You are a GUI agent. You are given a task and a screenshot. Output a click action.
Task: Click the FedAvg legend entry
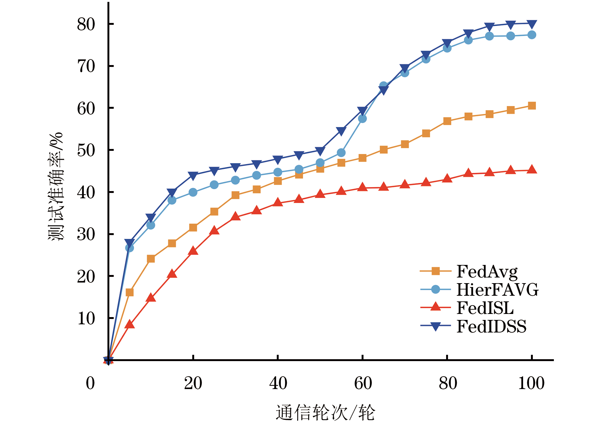coord(487,271)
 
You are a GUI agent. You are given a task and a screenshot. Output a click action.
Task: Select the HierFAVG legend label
coord(497,289)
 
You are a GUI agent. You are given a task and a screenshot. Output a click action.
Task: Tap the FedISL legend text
coord(485,308)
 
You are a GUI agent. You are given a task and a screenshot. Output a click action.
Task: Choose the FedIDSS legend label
coord(491,326)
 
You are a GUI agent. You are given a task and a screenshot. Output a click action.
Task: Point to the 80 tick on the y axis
coord(86,24)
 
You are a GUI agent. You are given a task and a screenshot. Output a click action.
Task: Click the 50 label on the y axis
coord(86,150)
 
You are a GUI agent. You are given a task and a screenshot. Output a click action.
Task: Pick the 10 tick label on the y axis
coord(86,318)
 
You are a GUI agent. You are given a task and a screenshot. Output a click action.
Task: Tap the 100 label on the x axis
coord(531,383)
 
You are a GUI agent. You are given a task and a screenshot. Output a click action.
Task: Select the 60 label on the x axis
coord(363,383)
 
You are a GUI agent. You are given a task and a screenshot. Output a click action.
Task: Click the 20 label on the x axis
coord(193,383)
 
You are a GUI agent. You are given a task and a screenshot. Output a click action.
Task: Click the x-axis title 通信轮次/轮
coord(325,412)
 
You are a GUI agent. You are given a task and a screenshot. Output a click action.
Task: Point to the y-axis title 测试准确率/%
coord(56,187)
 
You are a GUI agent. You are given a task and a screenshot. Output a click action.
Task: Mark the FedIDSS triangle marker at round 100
coord(532,24)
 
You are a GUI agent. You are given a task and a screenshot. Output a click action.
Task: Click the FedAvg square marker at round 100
coord(532,106)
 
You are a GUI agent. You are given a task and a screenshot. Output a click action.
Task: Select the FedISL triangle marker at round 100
coord(532,170)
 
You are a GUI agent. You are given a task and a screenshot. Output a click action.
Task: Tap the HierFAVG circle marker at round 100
coord(532,35)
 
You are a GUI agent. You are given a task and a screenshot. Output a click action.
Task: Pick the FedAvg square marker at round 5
coord(129,293)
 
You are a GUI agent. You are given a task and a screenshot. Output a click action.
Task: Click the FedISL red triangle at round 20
coord(193,251)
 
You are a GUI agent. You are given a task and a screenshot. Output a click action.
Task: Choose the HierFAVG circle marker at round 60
coord(362,119)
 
